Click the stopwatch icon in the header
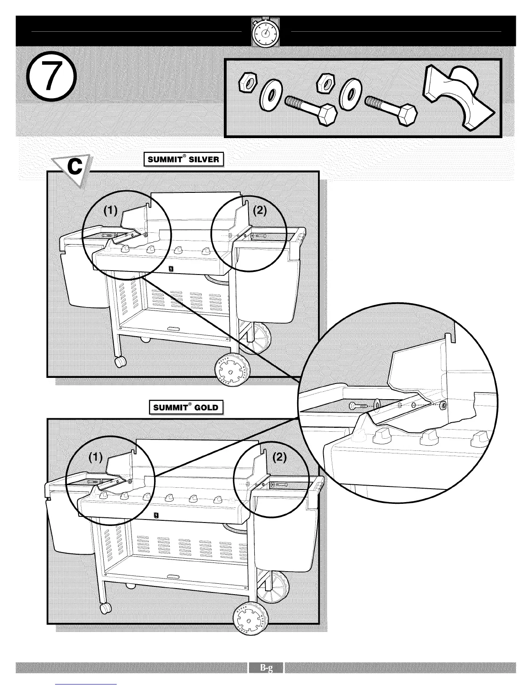265,32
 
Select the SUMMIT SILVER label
184,159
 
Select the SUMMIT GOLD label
186,408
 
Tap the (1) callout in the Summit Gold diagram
95,457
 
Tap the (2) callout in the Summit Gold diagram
279,457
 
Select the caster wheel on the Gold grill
105,609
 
